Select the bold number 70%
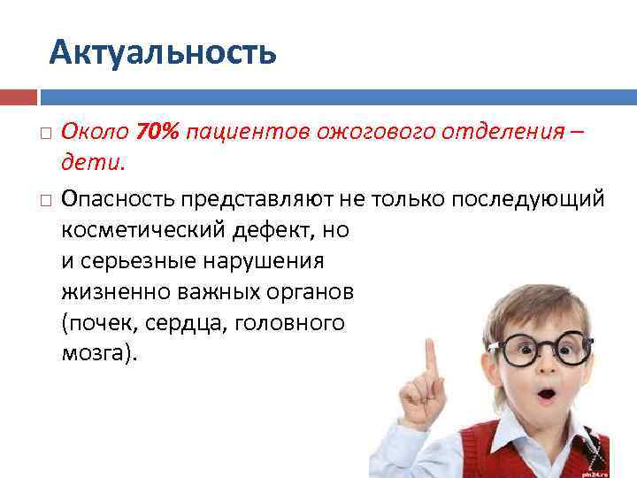pyautogui.click(x=157, y=132)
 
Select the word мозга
pyautogui.click(x=96, y=353)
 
